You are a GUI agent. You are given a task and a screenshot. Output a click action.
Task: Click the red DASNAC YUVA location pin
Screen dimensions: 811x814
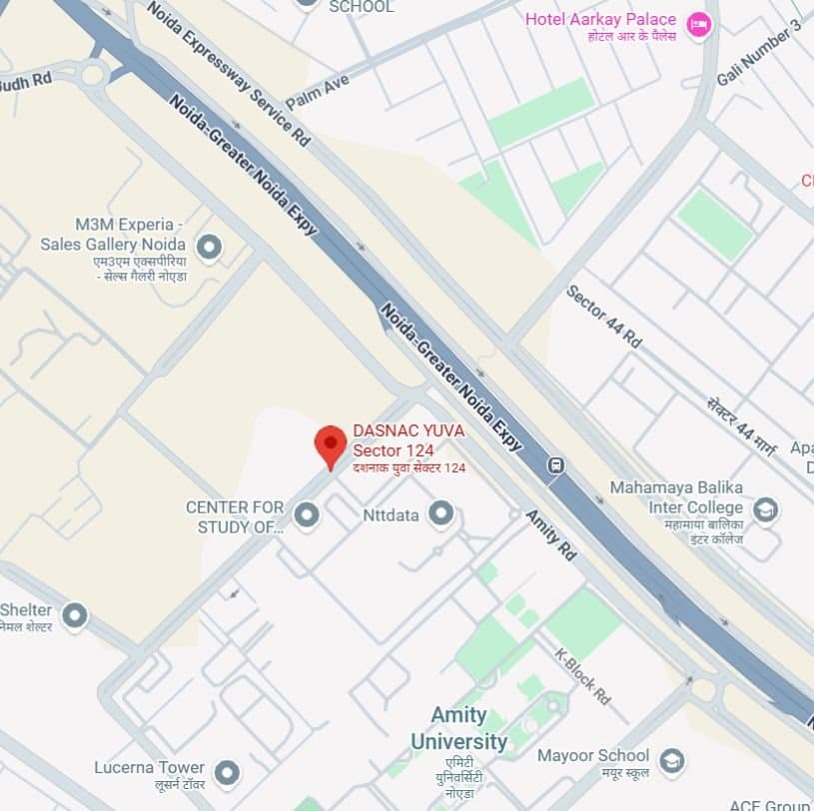coord(331,443)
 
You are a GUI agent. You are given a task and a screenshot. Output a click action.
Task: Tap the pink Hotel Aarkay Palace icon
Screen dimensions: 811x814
coord(698,25)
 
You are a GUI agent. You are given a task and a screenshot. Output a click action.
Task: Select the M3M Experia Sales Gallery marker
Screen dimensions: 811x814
coord(209,246)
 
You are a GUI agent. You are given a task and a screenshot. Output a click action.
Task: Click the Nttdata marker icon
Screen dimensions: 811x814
coord(440,514)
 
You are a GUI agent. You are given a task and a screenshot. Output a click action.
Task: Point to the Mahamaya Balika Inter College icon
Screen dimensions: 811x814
coord(766,510)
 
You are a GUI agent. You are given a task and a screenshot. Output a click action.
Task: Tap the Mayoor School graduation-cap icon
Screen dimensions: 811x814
coord(672,761)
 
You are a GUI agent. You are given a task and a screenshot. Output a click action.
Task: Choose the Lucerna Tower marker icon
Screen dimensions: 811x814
coord(228,773)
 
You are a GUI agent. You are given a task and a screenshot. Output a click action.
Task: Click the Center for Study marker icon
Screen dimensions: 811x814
coord(307,515)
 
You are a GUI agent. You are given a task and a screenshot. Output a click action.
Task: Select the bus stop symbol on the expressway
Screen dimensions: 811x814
coord(555,465)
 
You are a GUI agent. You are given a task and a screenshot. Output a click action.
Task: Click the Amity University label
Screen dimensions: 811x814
coord(458,728)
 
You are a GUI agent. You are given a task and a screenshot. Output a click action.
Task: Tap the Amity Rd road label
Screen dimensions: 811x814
coord(551,535)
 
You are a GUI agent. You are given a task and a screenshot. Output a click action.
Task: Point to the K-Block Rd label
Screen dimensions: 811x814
coord(582,676)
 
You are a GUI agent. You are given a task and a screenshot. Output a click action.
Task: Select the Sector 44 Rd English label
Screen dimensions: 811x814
coord(604,317)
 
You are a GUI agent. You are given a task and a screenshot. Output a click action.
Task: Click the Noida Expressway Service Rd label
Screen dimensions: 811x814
coord(228,72)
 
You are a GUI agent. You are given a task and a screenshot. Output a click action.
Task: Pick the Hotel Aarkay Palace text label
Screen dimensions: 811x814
coord(600,19)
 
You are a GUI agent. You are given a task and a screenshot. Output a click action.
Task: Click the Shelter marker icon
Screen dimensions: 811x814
coord(75,616)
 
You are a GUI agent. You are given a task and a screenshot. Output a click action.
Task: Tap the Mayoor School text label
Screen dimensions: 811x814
coord(593,755)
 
